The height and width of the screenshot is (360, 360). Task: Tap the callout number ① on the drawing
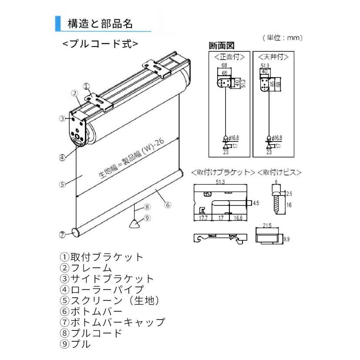pyautogui.click(x=86, y=86)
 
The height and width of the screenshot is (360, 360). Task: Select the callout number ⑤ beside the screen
pyautogui.click(x=62, y=184)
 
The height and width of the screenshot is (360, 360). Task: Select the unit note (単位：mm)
pyautogui.click(x=283, y=38)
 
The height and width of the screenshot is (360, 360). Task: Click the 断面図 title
pyautogui.click(x=222, y=45)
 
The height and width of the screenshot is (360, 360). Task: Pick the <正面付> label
pyautogui.click(x=229, y=57)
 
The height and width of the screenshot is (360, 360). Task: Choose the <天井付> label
pyautogui.click(x=273, y=57)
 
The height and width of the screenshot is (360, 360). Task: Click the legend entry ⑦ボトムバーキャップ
pyautogui.click(x=112, y=323)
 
